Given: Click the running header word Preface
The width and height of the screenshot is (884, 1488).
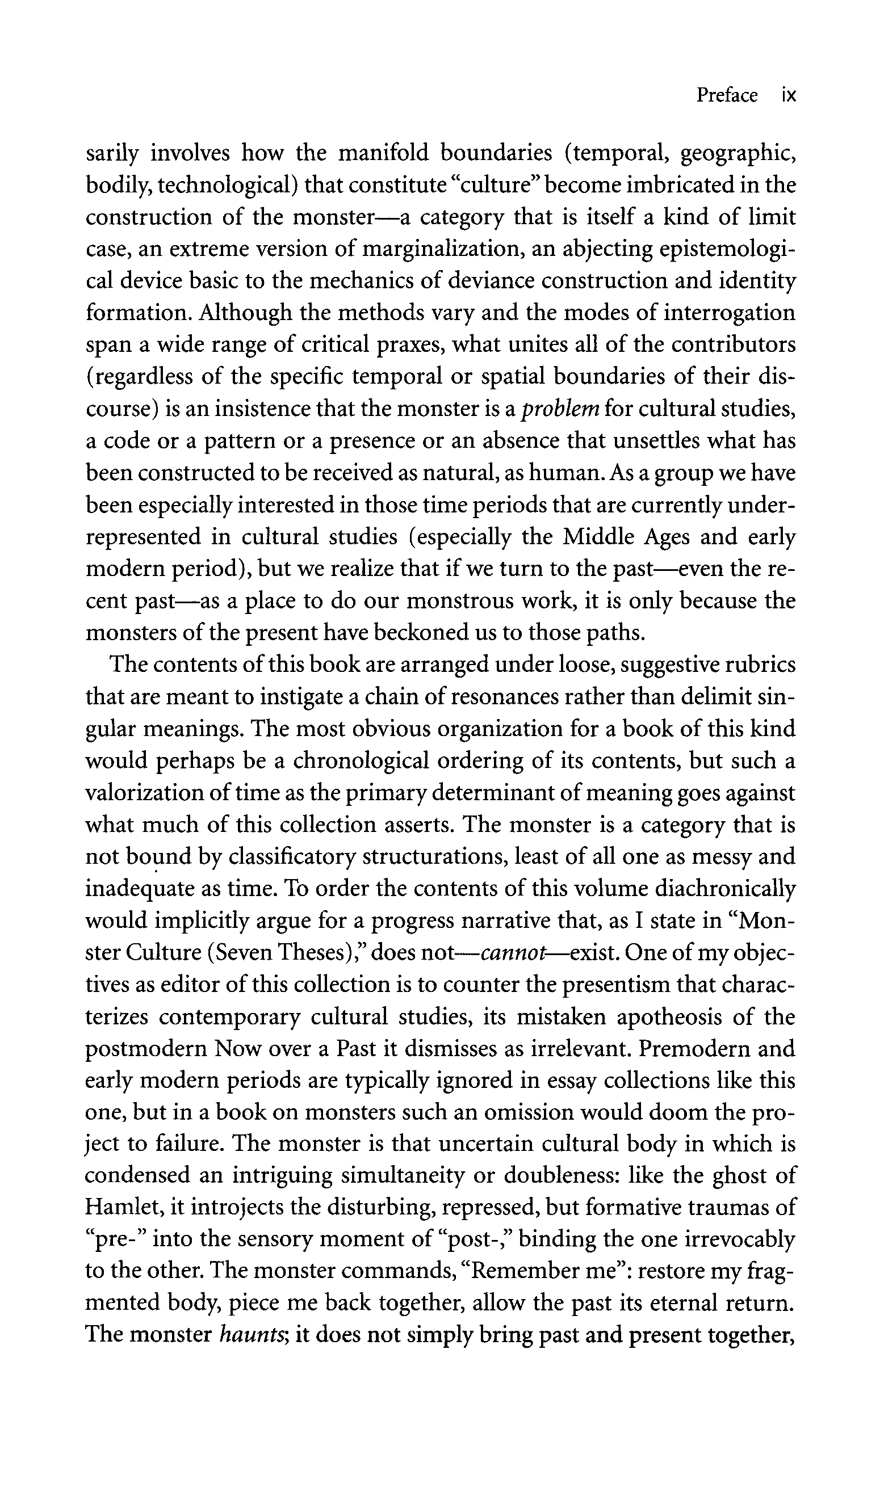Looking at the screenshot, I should [x=727, y=95].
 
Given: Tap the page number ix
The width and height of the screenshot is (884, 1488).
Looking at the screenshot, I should [x=789, y=95].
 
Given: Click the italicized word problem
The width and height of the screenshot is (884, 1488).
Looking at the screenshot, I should [x=560, y=409].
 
